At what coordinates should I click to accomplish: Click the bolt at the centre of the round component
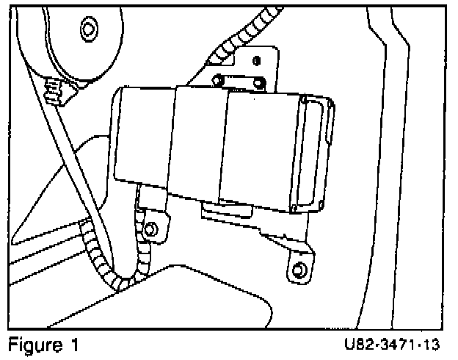point(89,29)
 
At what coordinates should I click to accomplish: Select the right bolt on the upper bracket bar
point(258,80)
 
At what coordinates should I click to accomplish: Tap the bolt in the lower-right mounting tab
point(297,270)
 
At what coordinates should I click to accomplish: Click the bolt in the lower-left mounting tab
point(150,230)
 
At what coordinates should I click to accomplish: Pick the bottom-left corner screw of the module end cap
point(293,206)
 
